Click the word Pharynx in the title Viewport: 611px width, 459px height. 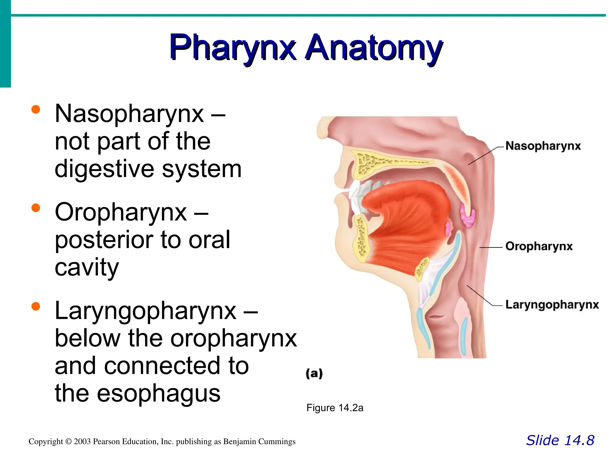click(x=233, y=48)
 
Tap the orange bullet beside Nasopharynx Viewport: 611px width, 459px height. click(x=36, y=109)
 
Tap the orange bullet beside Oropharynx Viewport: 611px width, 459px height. click(x=36, y=208)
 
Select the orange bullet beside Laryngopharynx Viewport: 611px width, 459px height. click(x=36, y=306)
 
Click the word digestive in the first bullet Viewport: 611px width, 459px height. click(x=104, y=169)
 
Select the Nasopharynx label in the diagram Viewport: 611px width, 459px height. click(x=543, y=146)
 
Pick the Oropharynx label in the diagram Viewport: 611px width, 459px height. click(x=539, y=246)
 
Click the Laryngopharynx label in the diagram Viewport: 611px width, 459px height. click(x=552, y=305)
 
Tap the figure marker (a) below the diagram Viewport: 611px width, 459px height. click(x=314, y=374)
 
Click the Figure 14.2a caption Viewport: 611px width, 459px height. click(x=335, y=408)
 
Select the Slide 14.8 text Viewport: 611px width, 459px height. click(x=560, y=440)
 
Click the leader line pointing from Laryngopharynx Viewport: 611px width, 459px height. click(x=480, y=296)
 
